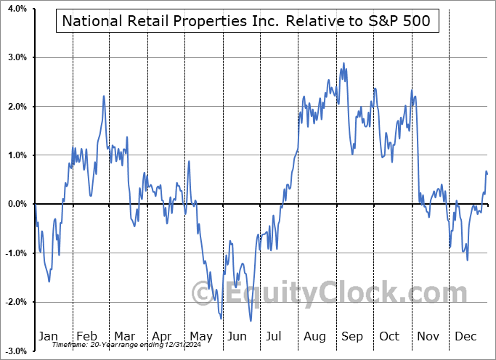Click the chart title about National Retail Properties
click(248, 22)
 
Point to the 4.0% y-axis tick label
click(17, 9)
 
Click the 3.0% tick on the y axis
click(17, 57)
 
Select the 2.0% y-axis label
click(17, 106)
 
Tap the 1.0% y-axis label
click(17, 155)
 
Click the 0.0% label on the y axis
click(17, 204)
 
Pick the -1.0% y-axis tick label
click(15, 253)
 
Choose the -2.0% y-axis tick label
click(15, 302)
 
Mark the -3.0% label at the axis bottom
click(15, 351)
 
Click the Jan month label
click(48, 336)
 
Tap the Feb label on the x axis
click(86, 336)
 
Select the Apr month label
click(162, 336)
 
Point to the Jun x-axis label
click(237, 336)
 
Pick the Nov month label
click(428, 336)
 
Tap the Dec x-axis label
click(465, 336)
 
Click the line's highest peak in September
click(343, 63)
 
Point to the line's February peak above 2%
click(104, 96)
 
